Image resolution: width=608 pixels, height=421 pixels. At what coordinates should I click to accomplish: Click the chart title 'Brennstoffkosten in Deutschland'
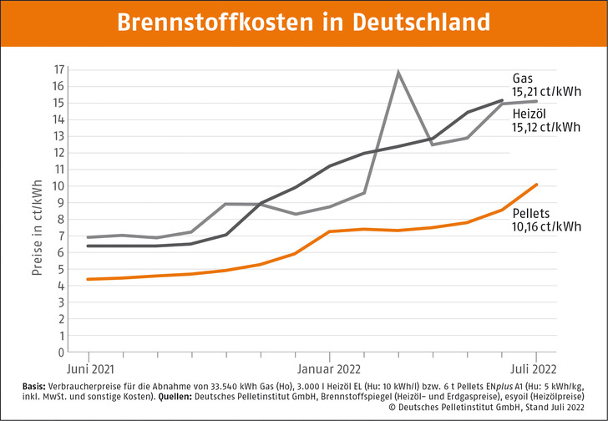(304, 20)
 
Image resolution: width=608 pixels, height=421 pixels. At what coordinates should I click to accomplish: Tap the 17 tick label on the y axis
(58, 69)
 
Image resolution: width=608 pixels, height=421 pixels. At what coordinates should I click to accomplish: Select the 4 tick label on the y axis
(59, 286)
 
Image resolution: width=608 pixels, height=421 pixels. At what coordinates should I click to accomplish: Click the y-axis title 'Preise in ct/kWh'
(37, 218)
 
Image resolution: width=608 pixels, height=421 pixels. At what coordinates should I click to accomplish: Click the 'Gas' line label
(522, 78)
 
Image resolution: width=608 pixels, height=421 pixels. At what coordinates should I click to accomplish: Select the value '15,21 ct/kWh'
(547, 92)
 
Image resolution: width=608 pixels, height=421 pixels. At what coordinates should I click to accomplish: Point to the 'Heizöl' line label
(529, 114)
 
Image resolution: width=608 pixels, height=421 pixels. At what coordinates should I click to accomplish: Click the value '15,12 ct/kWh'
(547, 128)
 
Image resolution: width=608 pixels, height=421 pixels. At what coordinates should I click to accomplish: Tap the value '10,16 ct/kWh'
(547, 226)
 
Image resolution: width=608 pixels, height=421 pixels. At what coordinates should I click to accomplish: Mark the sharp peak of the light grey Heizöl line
(398, 72)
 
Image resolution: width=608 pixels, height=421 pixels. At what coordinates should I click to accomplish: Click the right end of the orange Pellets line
(536, 185)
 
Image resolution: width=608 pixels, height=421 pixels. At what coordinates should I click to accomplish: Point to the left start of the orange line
(87, 279)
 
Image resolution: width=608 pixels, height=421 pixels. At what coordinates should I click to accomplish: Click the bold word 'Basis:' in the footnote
(38, 386)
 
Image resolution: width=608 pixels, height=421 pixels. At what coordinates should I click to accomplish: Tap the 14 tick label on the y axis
(58, 119)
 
